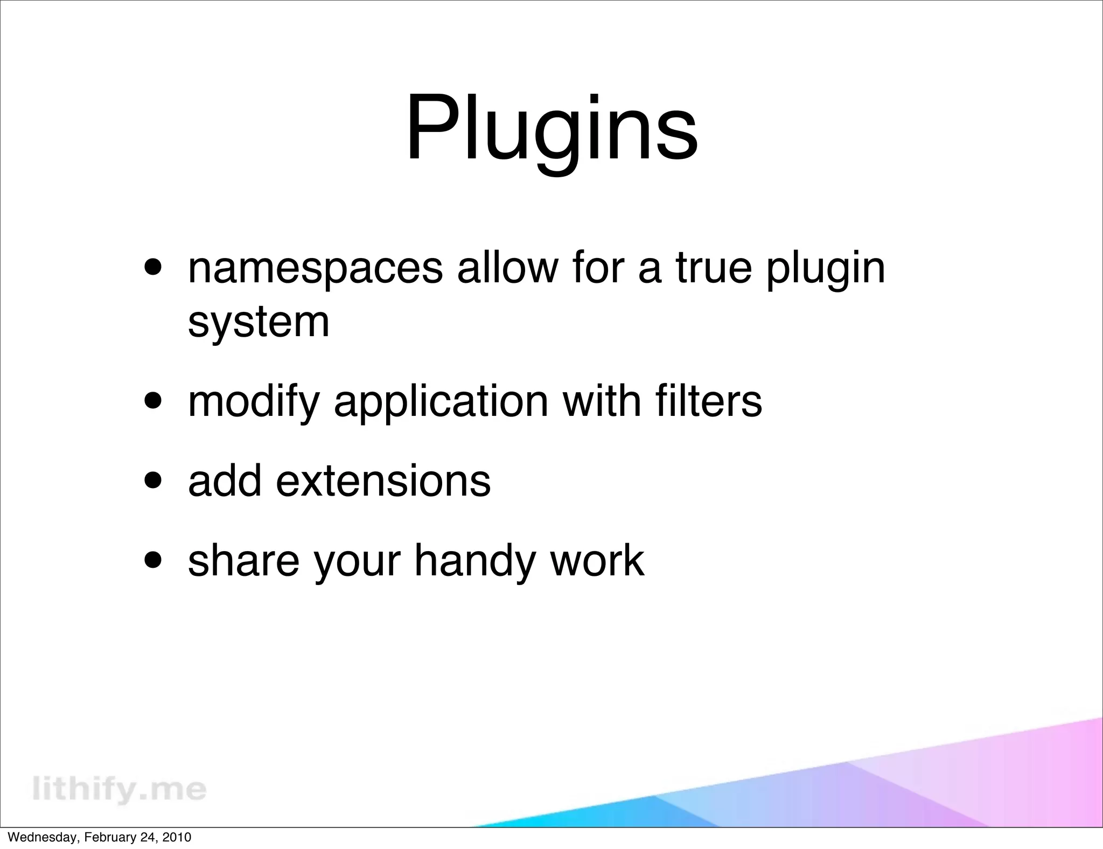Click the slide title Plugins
[551, 129]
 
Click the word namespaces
[315, 269]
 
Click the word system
[259, 322]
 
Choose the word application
[441, 402]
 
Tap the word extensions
[383, 481]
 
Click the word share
[243, 560]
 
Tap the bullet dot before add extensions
[155, 481]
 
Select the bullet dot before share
[155, 560]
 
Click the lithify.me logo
[119, 789]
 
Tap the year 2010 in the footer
[177, 837]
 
